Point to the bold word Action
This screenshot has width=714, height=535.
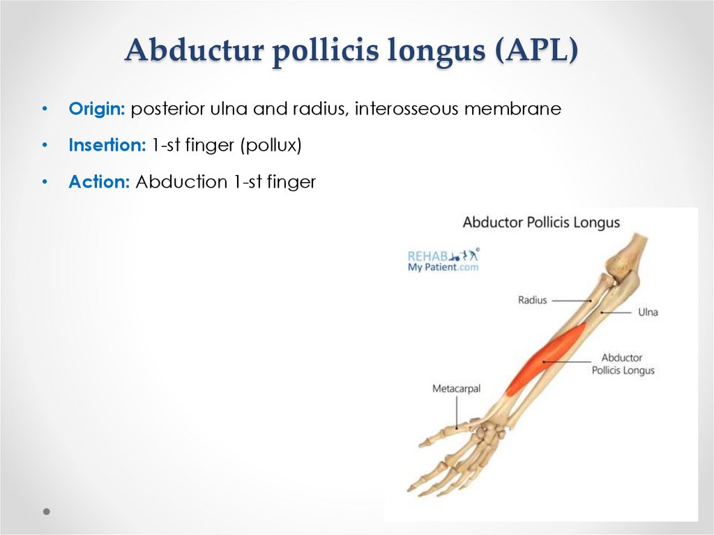coord(99,183)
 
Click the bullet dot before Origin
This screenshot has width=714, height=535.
coord(45,110)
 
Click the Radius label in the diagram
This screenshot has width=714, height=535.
coord(533,300)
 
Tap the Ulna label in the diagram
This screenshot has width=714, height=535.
coord(648,312)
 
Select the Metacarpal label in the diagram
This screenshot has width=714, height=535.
coord(456,389)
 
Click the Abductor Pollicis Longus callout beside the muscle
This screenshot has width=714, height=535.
coord(623,364)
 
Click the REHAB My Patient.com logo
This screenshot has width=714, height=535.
coord(443,260)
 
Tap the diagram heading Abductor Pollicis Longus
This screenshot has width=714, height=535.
coord(541,223)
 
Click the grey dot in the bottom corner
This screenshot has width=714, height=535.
coord(46,511)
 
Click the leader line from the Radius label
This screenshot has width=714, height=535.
coord(572,300)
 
